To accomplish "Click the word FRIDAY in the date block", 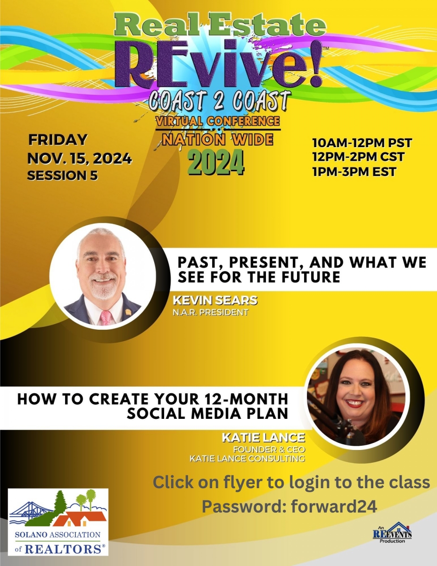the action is click(x=58, y=140).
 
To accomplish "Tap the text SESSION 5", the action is click(x=63, y=175).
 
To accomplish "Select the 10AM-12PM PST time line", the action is click(x=362, y=143).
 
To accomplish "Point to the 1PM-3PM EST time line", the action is click(x=354, y=172).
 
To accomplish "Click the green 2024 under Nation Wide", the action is click(x=216, y=163).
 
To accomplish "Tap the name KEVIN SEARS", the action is click(x=215, y=300).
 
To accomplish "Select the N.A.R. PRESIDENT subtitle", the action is click(x=211, y=312).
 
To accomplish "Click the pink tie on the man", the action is click(x=106, y=318).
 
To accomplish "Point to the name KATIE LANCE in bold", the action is click(x=263, y=438).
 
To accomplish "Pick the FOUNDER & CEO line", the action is click(x=269, y=449).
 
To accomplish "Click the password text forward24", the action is click(x=334, y=506).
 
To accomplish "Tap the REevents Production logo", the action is click(x=392, y=532).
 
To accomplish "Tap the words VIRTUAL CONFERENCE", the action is click(x=218, y=121).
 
